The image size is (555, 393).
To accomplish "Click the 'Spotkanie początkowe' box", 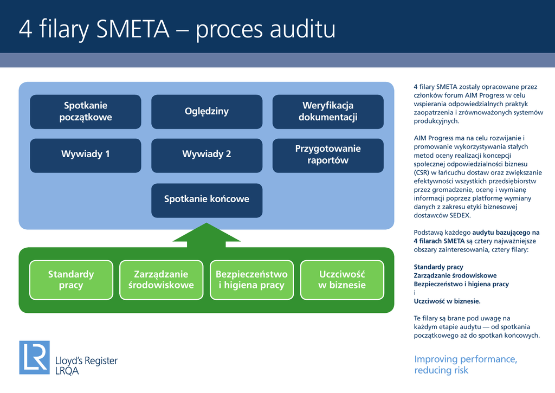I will tap(86, 112).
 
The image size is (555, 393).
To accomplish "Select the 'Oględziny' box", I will tap(206, 112).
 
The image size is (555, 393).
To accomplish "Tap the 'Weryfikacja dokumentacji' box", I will tap(328, 112).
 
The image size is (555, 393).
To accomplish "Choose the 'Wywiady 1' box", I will tap(86, 155).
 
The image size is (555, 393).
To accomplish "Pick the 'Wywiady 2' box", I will tap(206, 155).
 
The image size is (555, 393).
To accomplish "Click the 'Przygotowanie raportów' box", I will tap(328, 155).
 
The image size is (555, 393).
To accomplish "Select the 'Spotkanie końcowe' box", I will tap(206, 199).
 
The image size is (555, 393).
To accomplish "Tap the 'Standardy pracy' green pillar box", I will tap(71, 280).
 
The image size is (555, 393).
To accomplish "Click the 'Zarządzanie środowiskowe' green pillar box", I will tap(161, 280).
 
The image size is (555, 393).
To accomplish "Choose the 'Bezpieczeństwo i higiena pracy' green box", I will tap(251, 280).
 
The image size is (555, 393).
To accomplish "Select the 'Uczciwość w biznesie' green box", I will tap(342, 280).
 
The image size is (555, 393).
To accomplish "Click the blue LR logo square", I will tap(34, 357).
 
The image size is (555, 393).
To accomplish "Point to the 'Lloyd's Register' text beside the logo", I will tap(87, 360).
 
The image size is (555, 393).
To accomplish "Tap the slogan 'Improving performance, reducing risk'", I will tap(466, 365).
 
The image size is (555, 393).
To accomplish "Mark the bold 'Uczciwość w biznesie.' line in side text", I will tap(447, 301).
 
